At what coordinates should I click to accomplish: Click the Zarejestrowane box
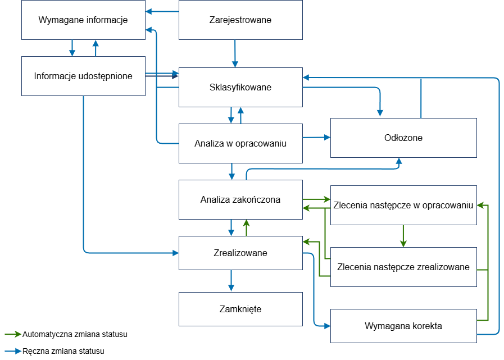(240, 20)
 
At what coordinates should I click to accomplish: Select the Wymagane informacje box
(83, 20)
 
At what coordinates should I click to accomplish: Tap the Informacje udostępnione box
(83, 76)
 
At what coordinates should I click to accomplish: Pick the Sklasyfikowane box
(240, 88)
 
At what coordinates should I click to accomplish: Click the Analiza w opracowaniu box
(240, 143)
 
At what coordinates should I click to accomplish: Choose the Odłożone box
(403, 138)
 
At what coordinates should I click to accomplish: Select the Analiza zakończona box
(240, 199)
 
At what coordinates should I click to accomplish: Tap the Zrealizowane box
(240, 253)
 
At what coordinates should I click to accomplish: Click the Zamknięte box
(240, 309)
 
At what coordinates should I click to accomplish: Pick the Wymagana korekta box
(403, 326)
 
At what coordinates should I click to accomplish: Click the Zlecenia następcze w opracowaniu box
(403, 205)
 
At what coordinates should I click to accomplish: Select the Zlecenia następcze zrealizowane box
(403, 267)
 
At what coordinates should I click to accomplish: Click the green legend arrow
(13, 334)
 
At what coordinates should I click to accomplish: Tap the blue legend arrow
(13, 351)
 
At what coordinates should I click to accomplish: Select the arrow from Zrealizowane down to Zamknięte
(231, 281)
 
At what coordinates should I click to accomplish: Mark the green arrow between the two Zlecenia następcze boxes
(403, 236)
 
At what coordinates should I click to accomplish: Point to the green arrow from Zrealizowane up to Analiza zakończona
(246, 227)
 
